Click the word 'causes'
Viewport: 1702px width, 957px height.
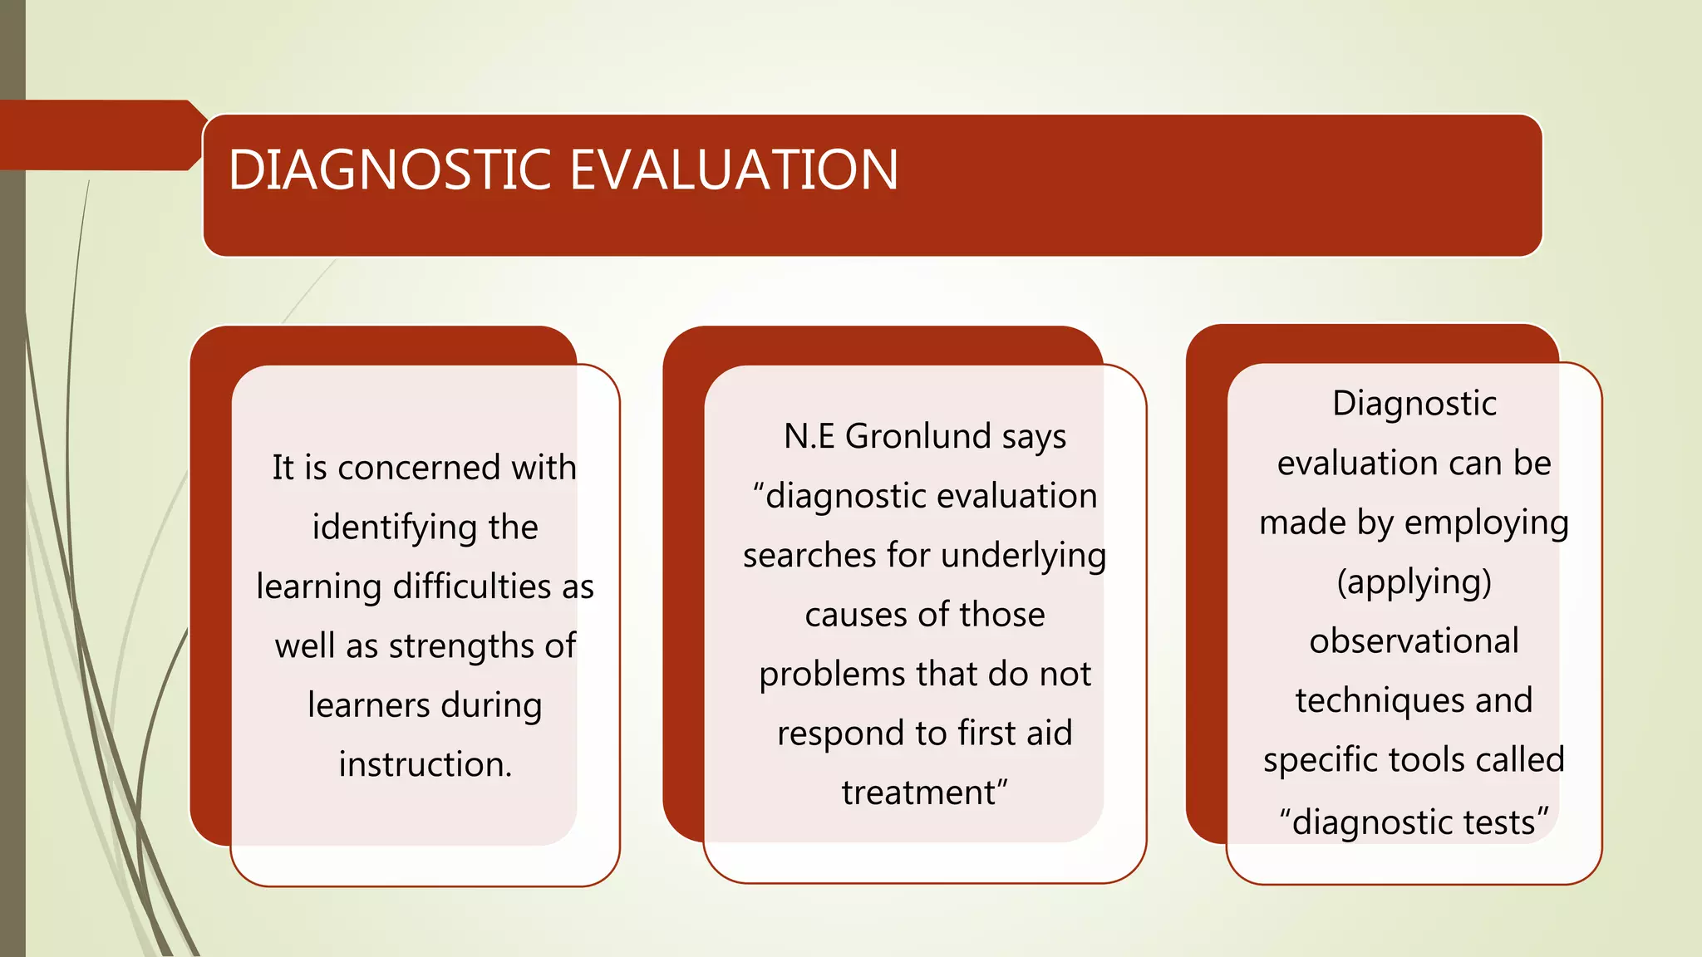click(856, 616)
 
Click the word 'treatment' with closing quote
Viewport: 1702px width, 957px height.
click(924, 793)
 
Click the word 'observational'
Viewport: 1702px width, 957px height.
click(1414, 641)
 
